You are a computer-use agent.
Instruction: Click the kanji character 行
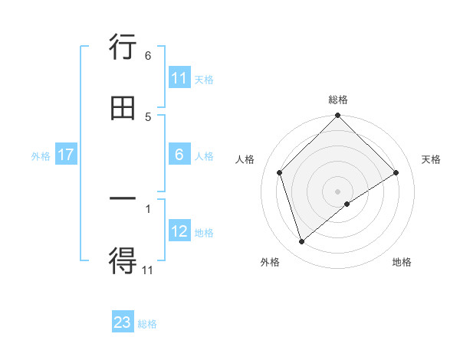(123, 50)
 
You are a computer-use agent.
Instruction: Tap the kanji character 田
(123, 109)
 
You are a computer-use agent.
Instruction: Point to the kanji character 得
(123, 261)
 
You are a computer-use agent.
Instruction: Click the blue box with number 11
(179, 78)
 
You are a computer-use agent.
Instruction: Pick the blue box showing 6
(179, 155)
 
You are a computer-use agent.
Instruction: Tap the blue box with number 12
(179, 231)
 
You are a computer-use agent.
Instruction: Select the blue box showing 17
(66, 155)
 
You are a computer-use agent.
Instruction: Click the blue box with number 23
(123, 322)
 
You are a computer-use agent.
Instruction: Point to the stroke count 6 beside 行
(148, 56)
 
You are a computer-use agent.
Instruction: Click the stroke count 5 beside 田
(148, 116)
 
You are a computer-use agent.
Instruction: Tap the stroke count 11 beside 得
(148, 269)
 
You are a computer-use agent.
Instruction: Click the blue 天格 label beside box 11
(204, 79)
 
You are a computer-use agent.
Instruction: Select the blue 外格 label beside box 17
(41, 155)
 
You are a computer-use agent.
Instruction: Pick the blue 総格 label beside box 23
(147, 324)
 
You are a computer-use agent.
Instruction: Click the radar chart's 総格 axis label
(338, 100)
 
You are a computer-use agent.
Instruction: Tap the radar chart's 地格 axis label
(402, 262)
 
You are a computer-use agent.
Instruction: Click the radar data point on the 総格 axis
(338, 116)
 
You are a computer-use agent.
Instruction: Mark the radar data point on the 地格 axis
(347, 204)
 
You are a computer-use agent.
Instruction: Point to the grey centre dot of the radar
(338, 191)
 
